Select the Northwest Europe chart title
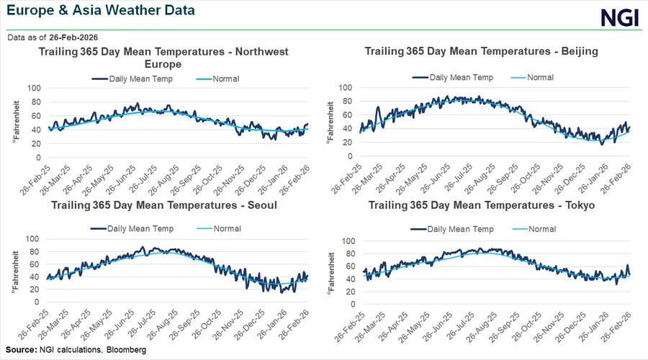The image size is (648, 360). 163,58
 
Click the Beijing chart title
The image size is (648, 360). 482,52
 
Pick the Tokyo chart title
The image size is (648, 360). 482,205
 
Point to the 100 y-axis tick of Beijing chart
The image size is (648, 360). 346,88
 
